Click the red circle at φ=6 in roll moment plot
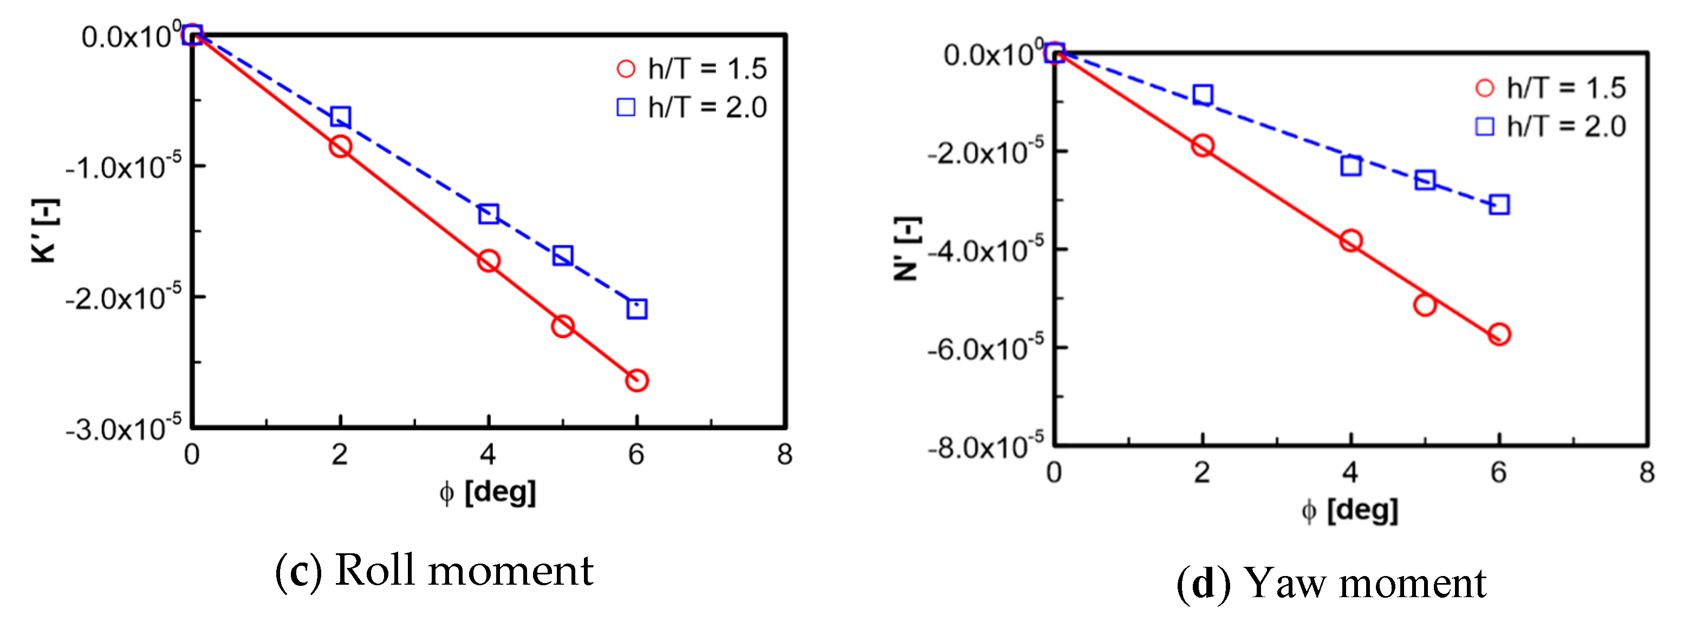[636, 380]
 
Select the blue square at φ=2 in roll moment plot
[340, 117]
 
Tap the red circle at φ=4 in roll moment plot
[488, 261]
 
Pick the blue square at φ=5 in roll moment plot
[562, 256]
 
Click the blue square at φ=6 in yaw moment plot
[1498, 204]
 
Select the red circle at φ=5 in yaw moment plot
[1424, 305]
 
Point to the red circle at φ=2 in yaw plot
[1202, 146]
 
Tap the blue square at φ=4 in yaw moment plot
[1350, 165]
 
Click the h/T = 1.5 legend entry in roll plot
[691, 68]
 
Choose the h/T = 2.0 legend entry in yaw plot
[1550, 126]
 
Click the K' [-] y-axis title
[46, 231]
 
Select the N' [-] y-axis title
[907, 249]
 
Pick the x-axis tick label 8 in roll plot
[784, 454]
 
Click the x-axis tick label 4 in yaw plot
[1350, 472]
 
